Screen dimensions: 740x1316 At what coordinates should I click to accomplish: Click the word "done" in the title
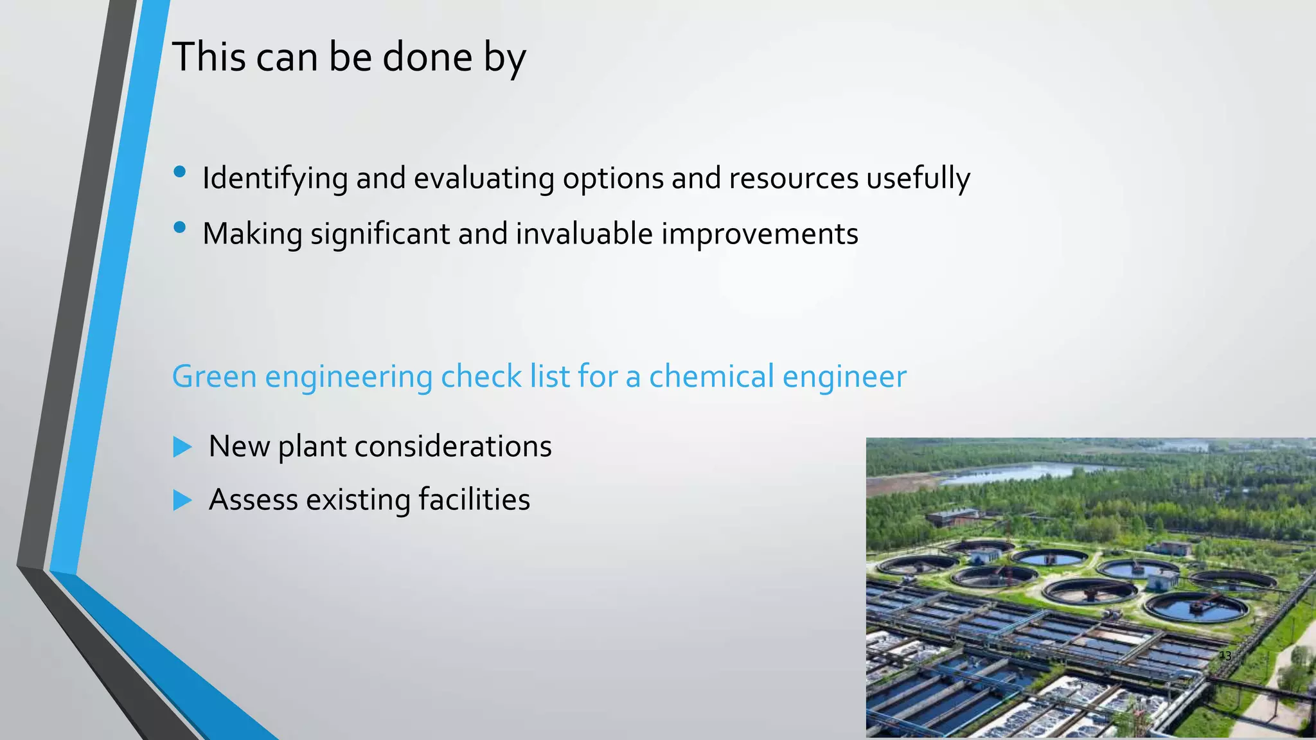pyautogui.click(x=427, y=57)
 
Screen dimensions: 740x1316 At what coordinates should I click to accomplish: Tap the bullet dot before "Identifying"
pyautogui.click(x=180, y=172)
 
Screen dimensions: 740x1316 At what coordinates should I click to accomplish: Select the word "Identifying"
pyautogui.click(x=275, y=178)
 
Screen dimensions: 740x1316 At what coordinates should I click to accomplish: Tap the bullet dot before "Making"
pyautogui.click(x=180, y=227)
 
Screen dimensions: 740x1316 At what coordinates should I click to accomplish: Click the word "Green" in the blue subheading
pyautogui.click(x=214, y=376)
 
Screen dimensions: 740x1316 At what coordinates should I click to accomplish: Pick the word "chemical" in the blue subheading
pyautogui.click(x=711, y=376)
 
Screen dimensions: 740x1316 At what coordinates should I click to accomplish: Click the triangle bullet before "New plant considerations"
pyautogui.click(x=182, y=446)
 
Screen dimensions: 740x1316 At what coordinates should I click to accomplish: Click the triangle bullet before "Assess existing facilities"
pyautogui.click(x=182, y=500)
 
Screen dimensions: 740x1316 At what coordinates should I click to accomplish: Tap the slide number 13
pyautogui.click(x=1225, y=656)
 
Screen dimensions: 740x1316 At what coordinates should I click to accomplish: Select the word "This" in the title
pyautogui.click(x=209, y=57)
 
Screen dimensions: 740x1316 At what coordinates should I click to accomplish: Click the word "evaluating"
pyautogui.click(x=484, y=178)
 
